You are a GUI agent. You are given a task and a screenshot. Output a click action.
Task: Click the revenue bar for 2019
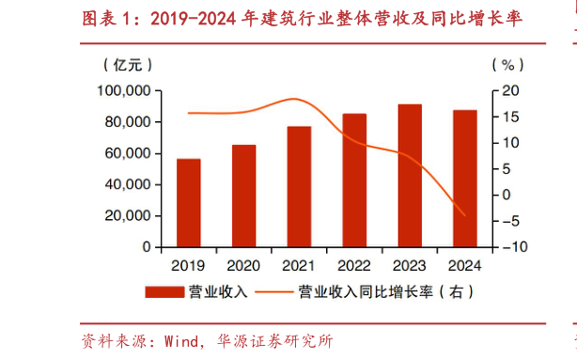(x=188, y=203)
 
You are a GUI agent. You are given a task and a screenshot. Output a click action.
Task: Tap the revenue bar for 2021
(x=299, y=186)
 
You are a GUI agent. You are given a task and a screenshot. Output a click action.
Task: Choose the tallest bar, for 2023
(x=410, y=176)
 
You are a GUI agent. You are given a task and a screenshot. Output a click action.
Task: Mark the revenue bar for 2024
(x=464, y=179)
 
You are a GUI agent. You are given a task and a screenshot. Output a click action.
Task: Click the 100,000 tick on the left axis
(x=124, y=90)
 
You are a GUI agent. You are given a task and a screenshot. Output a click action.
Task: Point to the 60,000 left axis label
(x=128, y=153)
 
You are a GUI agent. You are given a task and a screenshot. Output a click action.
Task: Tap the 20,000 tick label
(x=128, y=215)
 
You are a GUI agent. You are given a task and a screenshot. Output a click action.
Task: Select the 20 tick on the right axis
(x=508, y=90)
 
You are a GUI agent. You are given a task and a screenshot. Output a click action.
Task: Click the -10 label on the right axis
(x=506, y=246)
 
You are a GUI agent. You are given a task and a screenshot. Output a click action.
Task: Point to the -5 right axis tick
(x=508, y=221)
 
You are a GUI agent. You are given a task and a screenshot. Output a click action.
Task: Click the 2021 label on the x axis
(x=299, y=264)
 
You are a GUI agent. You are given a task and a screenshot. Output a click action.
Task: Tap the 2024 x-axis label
(x=464, y=264)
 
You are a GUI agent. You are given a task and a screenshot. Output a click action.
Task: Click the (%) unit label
(x=507, y=65)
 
